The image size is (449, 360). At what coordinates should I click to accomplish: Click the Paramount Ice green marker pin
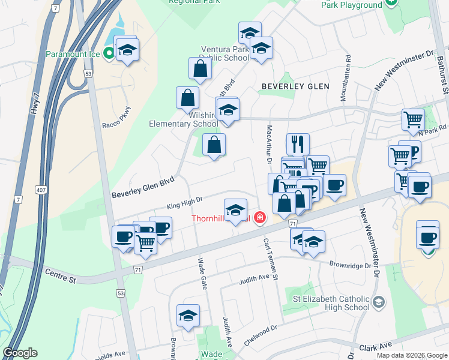[x=109, y=54]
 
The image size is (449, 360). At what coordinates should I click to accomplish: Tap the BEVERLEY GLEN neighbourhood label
[x=295, y=86]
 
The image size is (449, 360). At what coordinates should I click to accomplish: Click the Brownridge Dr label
[x=351, y=264]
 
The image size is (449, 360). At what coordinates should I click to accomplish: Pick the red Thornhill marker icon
[x=260, y=217]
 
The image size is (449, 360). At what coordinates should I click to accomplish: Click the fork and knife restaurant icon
[x=298, y=143]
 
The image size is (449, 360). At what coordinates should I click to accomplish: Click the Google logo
[x=20, y=353]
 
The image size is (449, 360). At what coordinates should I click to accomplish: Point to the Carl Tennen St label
[x=271, y=258]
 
